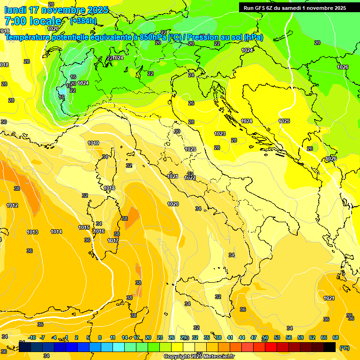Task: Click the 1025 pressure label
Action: (284, 121)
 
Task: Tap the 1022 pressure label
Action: (190, 178)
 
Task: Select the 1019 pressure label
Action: (93, 143)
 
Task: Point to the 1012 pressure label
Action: (12, 205)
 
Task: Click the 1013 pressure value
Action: (32, 232)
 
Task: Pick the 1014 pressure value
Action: (56, 232)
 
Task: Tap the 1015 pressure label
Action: (84, 227)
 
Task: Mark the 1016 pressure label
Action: (99, 231)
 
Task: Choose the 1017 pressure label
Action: (113, 240)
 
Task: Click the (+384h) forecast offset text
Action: (84, 21)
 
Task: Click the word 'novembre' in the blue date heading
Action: (63, 10)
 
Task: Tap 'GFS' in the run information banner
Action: (266, 8)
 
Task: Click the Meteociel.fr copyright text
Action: (199, 357)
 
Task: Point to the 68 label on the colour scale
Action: (336, 337)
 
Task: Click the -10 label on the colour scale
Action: (32, 337)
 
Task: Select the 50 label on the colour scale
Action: (265, 337)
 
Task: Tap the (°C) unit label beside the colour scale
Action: (344, 348)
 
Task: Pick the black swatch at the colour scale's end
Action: (330, 347)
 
